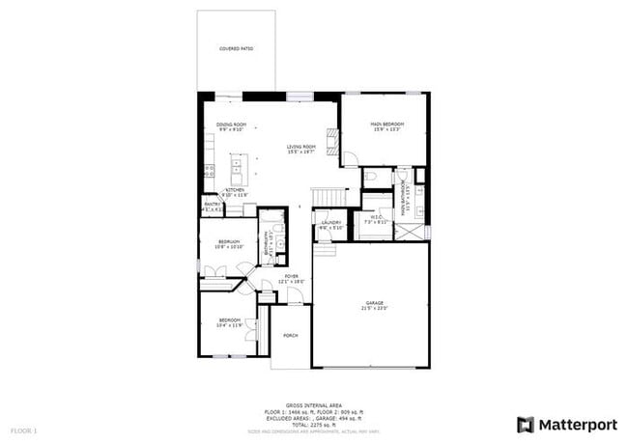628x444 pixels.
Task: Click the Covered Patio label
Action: click(236, 48)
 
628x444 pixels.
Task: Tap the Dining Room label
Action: click(231, 125)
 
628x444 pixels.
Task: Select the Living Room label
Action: click(301, 148)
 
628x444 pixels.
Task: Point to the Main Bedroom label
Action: click(386, 125)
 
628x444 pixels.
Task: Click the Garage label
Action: click(374, 305)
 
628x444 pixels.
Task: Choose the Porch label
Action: click(290, 335)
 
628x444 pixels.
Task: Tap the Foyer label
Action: click(291, 278)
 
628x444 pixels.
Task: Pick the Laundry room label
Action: click(331, 224)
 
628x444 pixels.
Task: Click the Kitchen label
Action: click(235, 191)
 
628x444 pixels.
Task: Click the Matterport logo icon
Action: click(526, 425)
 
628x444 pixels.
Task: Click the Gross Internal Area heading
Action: click(314, 404)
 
